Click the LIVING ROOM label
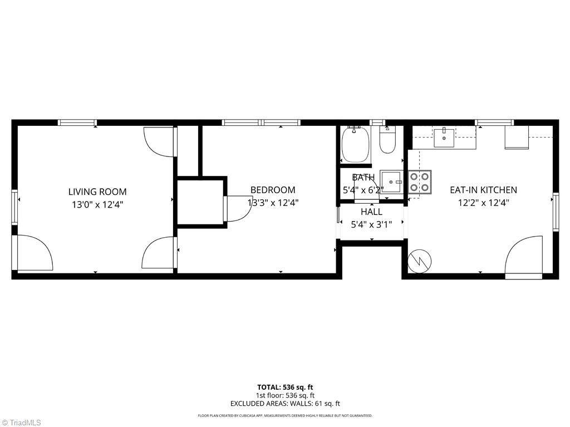(97, 192)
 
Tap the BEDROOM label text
(273, 190)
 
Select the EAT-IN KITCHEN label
(483, 190)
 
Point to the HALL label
(371, 212)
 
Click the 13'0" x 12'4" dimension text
(97, 205)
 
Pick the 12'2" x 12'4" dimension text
(483, 203)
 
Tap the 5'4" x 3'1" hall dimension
(371, 225)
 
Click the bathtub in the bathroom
(356, 144)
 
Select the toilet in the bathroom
(387, 140)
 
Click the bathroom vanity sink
(391, 181)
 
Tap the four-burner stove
(420, 182)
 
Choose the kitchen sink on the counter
(444, 138)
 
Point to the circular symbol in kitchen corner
(420, 261)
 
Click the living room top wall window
(77, 122)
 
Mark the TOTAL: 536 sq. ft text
(285, 387)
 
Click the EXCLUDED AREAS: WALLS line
(285, 404)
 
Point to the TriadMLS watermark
(21, 423)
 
